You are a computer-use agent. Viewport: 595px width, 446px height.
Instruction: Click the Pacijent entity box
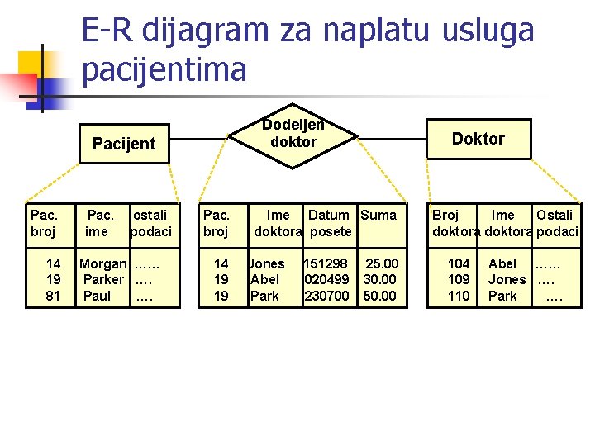(124, 144)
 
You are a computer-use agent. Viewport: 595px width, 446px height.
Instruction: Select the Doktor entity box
(478, 139)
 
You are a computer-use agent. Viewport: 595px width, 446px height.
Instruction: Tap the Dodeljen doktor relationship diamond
(293, 134)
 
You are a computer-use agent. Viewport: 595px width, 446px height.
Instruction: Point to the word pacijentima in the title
(164, 69)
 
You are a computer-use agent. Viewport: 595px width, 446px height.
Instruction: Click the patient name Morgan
(103, 264)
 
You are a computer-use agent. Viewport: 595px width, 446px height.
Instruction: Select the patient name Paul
(97, 296)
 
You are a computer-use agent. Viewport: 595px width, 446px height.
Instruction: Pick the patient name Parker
(103, 280)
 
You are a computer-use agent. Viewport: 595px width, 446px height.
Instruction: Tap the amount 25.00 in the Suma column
(382, 264)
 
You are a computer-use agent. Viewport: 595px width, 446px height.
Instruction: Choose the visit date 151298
(326, 264)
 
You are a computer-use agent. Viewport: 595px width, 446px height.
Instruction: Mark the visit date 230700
(326, 296)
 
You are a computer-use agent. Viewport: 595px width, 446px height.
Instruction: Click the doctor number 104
(459, 264)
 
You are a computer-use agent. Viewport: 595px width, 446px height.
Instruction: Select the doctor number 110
(459, 296)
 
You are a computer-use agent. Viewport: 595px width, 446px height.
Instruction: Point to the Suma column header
(378, 216)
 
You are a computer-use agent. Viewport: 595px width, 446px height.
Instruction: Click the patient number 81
(53, 296)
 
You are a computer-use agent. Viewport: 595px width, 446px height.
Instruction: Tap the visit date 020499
(326, 280)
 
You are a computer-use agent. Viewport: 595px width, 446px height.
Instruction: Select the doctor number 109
(459, 280)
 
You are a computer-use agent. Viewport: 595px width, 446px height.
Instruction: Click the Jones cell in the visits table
(267, 264)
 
